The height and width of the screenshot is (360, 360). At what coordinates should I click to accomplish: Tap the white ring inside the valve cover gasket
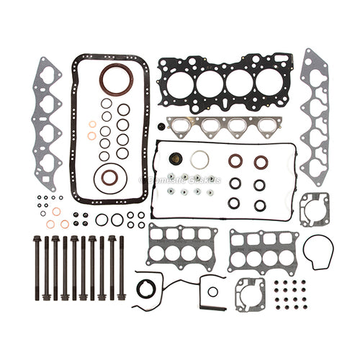pos(202,159)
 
